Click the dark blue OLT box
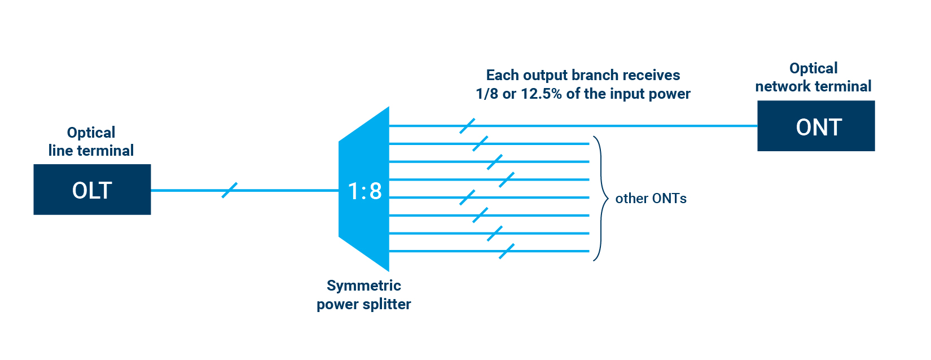pyautogui.click(x=92, y=190)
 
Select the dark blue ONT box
pyautogui.click(x=816, y=126)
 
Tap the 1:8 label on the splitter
pyautogui.click(x=365, y=191)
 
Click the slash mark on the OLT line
pyautogui.click(x=230, y=190)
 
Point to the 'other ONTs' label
pyautogui.click(x=651, y=199)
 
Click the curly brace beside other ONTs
pyautogui.click(x=600, y=199)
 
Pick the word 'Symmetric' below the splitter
pyautogui.click(x=364, y=286)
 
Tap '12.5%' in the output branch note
pyautogui.click(x=541, y=94)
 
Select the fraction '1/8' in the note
pyautogui.click(x=488, y=94)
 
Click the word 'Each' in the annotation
pyautogui.click(x=503, y=75)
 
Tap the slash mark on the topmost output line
pyautogui.click(x=467, y=126)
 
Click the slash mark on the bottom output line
pyautogui.click(x=507, y=251)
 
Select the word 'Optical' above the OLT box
pyautogui.click(x=91, y=133)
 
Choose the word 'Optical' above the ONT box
pyautogui.click(x=813, y=68)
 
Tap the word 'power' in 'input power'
pyautogui.click(x=670, y=94)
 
